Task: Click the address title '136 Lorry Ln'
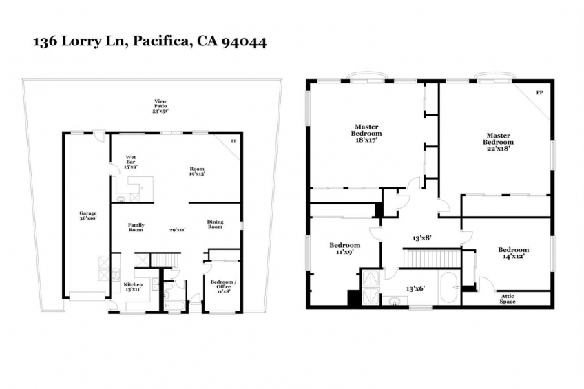[x=81, y=41]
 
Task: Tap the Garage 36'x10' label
[x=88, y=216]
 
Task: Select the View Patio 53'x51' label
[x=160, y=106]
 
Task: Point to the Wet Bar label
[x=131, y=162]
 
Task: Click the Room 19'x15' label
[x=197, y=171]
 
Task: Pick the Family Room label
[x=136, y=227]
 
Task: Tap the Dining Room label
[x=216, y=224]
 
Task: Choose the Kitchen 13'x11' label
[x=133, y=286]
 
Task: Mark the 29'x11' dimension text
[x=178, y=230]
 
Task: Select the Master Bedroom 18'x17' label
[x=366, y=134]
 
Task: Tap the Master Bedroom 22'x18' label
[x=499, y=142]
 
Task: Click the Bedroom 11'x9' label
[x=344, y=249]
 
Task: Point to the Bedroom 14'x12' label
[x=513, y=253]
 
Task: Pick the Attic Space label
[x=508, y=299]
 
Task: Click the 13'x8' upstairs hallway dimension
[x=422, y=238]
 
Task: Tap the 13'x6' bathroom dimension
[x=416, y=288]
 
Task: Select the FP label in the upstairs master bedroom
[x=539, y=93]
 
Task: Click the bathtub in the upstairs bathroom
[x=448, y=288]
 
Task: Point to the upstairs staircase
[x=431, y=258]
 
